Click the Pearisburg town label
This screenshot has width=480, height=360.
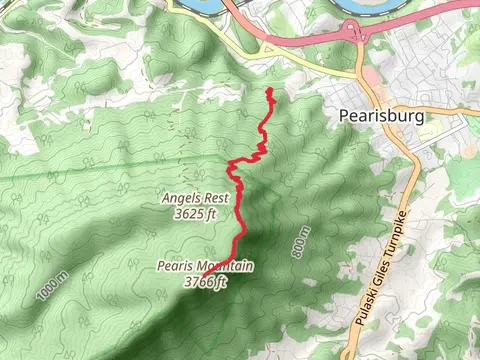point(381,116)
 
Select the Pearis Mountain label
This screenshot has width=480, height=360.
point(205,267)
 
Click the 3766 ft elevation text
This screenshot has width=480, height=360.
point(206,281)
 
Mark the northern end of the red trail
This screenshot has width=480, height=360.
point(270,91)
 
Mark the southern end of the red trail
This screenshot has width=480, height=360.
point(203,274)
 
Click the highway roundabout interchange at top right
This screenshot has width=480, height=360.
point(355,33)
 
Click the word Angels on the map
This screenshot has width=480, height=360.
point(182,199)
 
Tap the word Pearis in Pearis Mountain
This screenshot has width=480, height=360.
point(174,267)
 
